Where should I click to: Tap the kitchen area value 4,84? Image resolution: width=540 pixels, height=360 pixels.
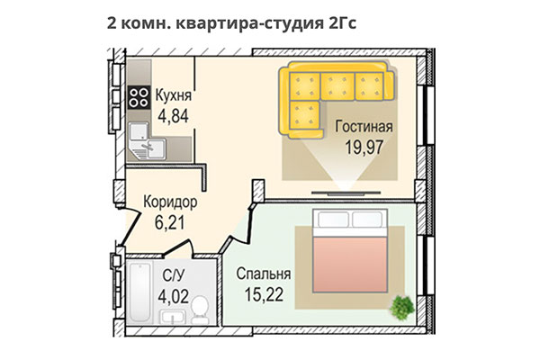pyautogui.click(x=173, y=116)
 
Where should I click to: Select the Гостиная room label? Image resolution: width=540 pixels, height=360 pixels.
pyautogui.click(x=365, y=128)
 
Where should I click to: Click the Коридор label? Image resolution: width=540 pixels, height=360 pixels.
pyautogui.click(x=171, y=202)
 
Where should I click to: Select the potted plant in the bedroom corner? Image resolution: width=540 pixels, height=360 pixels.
pyautogui.click(x=400, y=307)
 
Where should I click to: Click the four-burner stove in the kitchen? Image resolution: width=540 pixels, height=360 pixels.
pyautogui.click(x=139, y=97)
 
